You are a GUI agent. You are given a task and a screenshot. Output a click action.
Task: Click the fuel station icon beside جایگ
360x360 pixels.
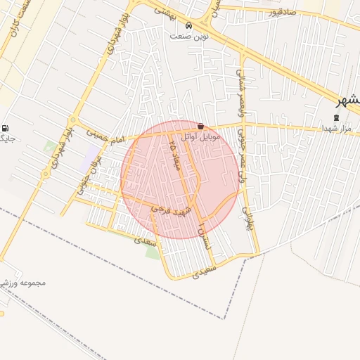tap(6, 129)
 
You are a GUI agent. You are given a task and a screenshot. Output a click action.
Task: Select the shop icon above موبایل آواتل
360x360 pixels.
tap(201, 127)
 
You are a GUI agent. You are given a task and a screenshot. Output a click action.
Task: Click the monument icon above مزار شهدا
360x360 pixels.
tap(335, 117)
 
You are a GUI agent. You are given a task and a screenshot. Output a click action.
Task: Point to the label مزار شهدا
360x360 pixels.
tap(335, 129)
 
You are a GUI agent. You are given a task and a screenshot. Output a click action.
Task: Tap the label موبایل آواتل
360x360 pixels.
tap(201, 136)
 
